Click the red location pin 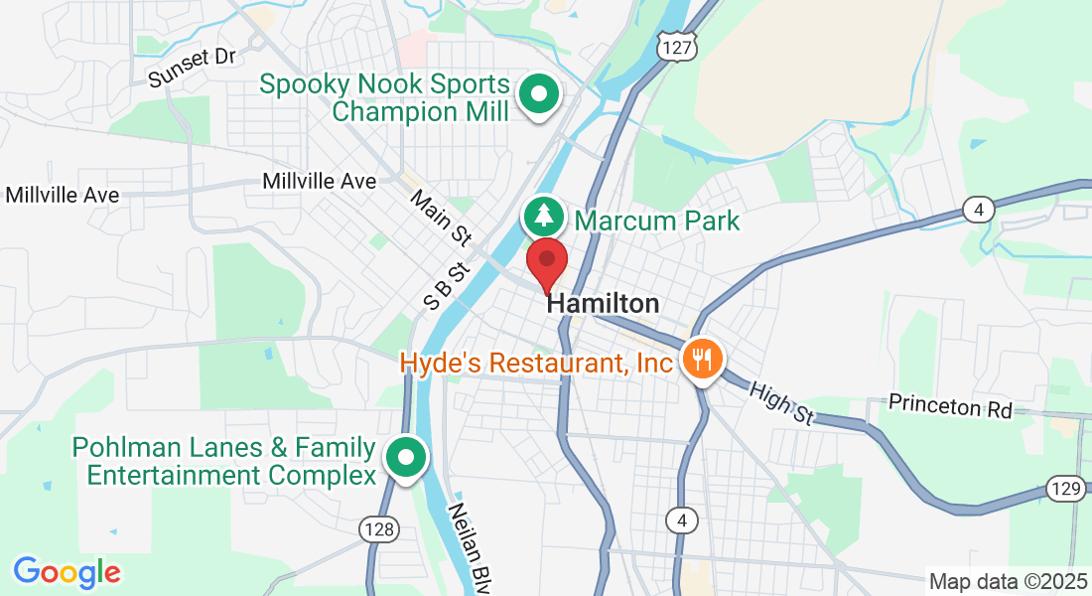546,263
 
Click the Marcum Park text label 657,220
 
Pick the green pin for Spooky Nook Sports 540,96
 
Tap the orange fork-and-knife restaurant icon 704,359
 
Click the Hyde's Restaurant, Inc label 536,364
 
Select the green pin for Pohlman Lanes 406,458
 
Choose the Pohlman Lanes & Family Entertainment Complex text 223,462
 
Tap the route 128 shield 379,529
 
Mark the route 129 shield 1064,488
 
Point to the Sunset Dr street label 192,68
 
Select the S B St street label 445,286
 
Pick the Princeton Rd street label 949,406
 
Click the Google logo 67,572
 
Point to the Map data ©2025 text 1009,581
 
